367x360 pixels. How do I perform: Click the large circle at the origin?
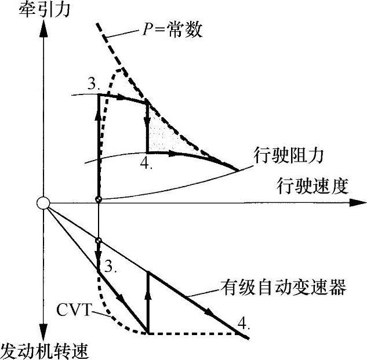[x=43, y=203]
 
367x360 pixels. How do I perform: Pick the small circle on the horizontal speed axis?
[x=99, y=199]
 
